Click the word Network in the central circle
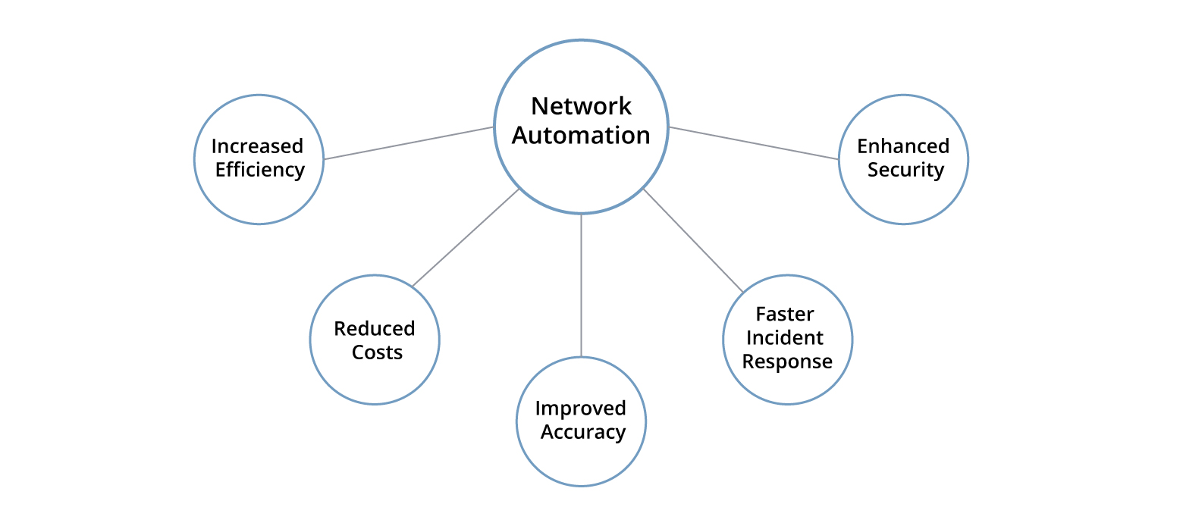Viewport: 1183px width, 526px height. [581, 106]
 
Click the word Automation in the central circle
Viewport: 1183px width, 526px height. [581, 136]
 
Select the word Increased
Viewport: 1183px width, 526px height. [257, 146]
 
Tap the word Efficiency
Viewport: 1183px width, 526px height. [259, 170]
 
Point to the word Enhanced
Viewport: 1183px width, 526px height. [903, 146]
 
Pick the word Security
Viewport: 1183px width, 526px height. [905, 170]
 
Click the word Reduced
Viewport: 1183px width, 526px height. [375, 329]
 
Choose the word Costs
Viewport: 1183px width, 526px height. [377, 352]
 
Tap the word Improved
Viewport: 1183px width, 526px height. [581, 409]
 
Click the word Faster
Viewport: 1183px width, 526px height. [785, 314]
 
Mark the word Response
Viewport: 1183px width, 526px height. [787, 362]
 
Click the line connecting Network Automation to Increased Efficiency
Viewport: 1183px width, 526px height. [409, 143]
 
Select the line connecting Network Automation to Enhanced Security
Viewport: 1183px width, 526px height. [754, 143]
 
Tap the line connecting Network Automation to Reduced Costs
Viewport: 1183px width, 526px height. [466, 237]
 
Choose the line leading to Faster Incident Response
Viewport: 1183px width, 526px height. [693, 240]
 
